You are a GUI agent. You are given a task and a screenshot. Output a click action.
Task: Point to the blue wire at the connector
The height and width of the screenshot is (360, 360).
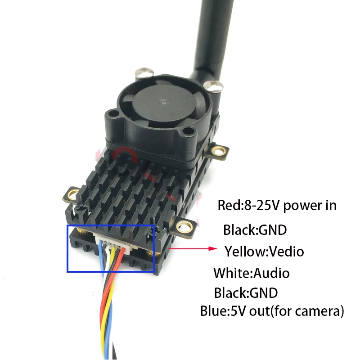pos(100,256)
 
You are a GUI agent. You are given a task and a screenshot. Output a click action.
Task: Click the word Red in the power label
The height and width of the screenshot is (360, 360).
pos(228,206)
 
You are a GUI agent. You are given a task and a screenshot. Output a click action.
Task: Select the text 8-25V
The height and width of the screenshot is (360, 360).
pos(261,206)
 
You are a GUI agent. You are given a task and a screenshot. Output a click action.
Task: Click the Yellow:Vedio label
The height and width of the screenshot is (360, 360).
pos(264,251)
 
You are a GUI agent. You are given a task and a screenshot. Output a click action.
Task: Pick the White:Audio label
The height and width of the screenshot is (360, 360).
pos(252,273)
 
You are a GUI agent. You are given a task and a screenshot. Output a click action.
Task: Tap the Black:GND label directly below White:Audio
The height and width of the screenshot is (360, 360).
pos(246,293)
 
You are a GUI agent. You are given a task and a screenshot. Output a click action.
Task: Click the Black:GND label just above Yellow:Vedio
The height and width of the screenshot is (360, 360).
pos(255,230)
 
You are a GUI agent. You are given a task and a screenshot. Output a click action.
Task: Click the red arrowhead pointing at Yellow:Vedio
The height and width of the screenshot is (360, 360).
pos(214,248)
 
